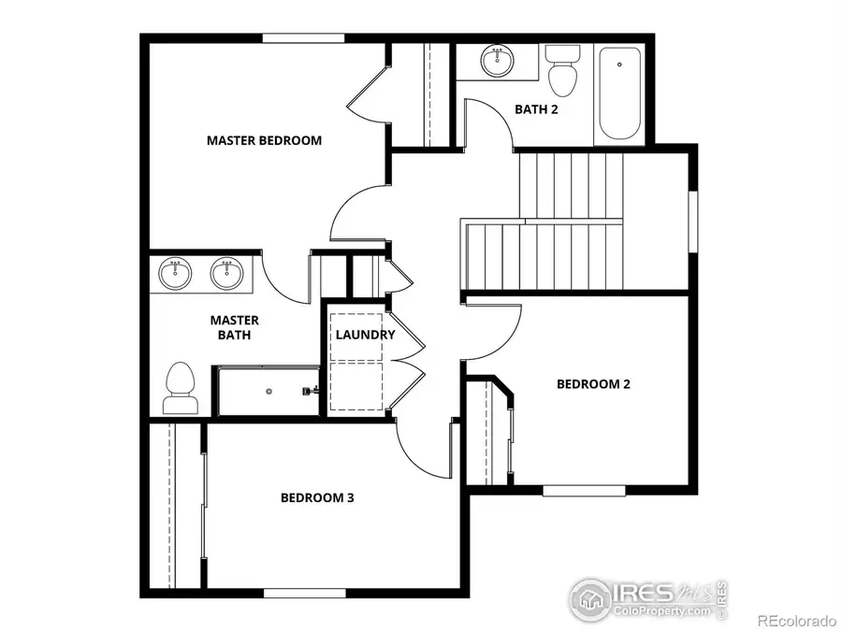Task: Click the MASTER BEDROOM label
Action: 264,140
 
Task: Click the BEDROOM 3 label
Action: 317,497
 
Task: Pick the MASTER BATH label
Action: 228,326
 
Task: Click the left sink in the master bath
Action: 174,274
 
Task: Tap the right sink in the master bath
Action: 225,274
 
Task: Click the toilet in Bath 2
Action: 562,70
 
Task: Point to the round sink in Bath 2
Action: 497,62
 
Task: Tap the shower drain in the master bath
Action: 269,391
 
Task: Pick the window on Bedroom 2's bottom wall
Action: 584,490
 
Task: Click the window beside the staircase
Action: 693,222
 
